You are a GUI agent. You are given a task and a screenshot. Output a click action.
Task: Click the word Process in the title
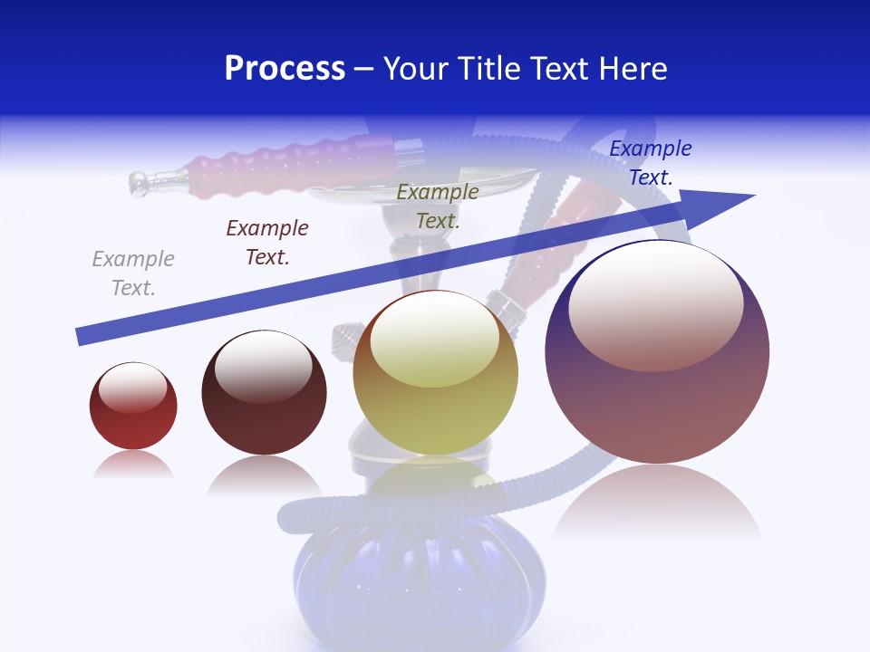285,69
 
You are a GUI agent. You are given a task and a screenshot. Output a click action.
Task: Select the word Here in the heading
631,69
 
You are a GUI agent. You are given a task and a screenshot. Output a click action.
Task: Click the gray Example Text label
133,273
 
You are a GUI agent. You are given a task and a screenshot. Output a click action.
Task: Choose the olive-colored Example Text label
438,206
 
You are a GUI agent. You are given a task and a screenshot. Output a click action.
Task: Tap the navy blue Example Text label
651,163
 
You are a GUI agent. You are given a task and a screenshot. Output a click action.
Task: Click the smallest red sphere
133,417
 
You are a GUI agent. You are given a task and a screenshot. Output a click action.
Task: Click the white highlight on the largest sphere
655,303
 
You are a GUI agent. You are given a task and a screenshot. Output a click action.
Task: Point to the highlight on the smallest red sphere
132,388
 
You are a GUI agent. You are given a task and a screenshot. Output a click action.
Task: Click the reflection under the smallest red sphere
133,465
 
